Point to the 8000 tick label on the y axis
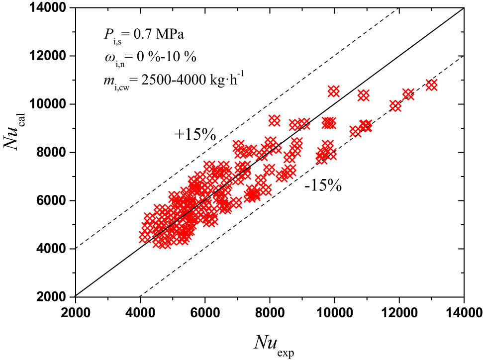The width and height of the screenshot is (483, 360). [55, 152]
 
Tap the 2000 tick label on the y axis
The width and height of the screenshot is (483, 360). [55, 296]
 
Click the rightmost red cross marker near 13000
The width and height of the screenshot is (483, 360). [431, 85]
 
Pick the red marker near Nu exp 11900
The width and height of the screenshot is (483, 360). [395, 106]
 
